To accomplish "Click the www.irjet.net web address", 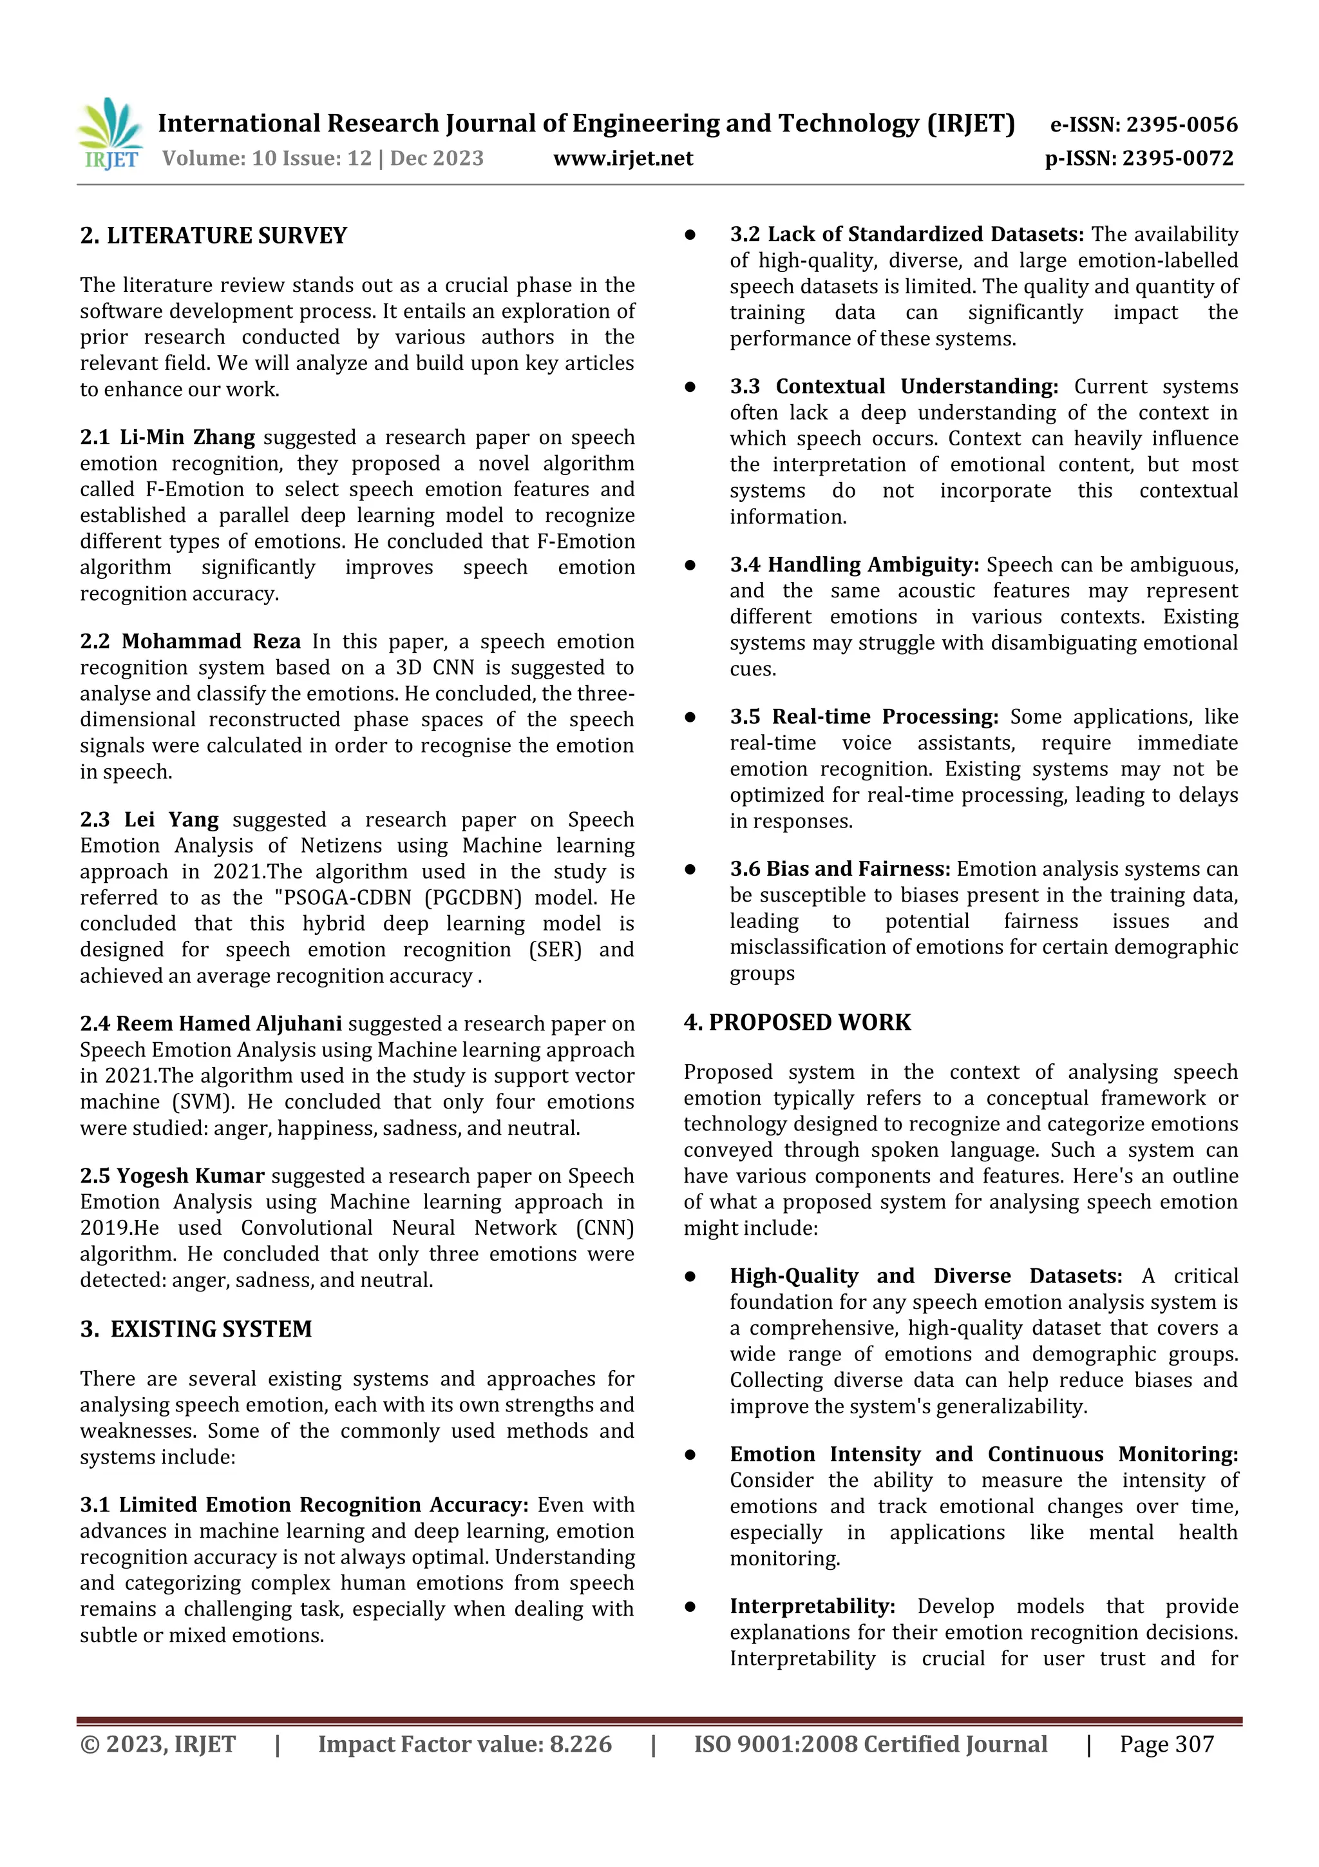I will pos(623,159).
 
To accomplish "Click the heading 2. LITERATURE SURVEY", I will pos(214,236).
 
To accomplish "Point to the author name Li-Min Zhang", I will pos(187,438).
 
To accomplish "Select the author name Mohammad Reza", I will pos(211,642).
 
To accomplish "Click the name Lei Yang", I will pos(171,820).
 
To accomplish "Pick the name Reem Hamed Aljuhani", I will pos(229,1024).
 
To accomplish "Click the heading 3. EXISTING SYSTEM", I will pos(196,1329).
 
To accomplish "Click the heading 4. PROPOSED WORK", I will pos(797,1022).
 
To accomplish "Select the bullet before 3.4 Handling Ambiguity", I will pos(690,565).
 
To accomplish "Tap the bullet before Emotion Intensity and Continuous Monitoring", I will pos(690,1454).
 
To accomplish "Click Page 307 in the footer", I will pos(1166,1743).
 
